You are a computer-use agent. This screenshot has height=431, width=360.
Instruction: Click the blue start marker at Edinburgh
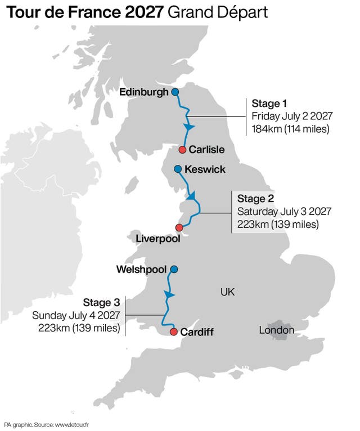[x=175, y=92]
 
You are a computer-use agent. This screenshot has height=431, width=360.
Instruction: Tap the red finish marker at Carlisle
[x=182, y=150]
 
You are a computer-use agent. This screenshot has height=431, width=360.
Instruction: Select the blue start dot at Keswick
[x=178, y=169]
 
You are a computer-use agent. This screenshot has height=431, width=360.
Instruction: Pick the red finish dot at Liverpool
[x=179, y=227]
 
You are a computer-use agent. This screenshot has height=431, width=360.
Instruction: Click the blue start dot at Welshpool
[x=174, y=270]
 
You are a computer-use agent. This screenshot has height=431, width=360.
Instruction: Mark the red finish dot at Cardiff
[x=173, y=331]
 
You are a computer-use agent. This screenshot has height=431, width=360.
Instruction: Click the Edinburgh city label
[x=144, y=92]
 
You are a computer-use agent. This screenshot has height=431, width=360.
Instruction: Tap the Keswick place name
[x=205, y=169]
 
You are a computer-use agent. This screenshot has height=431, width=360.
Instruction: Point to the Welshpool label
[x=141, y=270]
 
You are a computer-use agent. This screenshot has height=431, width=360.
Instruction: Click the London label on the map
[x=276, y=330]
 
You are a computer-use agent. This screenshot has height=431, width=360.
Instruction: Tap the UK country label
[x=227, y=292]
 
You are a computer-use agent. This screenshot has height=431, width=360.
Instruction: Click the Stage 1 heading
[x=269, y=104]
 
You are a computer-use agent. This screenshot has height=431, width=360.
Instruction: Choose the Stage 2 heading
[x=255, y=199]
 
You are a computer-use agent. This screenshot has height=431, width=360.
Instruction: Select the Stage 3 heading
[x=102, y=303]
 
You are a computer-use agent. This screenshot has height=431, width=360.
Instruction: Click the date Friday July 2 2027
[x=292, y=116]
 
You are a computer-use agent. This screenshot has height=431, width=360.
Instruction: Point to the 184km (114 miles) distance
[x=290, y=129]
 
